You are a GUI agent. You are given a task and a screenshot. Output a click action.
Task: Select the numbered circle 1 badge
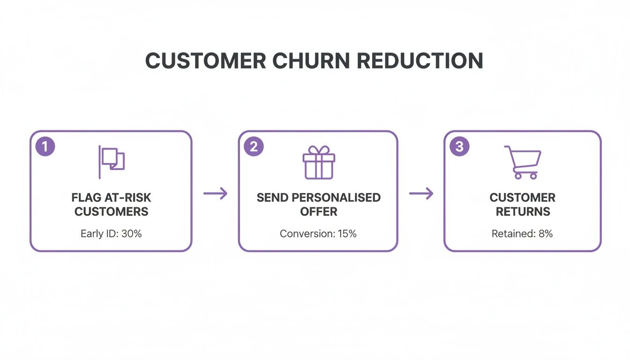click(45, 146)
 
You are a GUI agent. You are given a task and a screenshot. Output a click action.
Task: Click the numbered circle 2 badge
click(254, 146)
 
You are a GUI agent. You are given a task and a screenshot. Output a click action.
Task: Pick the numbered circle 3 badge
click(459, 146)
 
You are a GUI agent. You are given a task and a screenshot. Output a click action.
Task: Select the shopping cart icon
click(523, 162)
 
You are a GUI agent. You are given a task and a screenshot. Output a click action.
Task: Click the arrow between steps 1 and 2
click(215, 193)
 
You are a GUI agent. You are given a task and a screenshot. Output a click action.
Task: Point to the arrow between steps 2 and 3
click(421, 193)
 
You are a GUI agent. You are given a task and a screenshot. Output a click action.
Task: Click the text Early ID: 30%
click(111, 233)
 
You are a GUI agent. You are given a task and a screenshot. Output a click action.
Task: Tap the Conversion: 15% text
click(318, 233)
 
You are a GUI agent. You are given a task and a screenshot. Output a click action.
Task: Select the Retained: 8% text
click(522, 233)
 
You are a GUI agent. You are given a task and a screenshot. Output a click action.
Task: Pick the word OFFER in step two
click(319, 211)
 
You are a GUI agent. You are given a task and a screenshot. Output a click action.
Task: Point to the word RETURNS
click(523, 211)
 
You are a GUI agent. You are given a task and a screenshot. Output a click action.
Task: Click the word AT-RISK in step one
click(132, 197)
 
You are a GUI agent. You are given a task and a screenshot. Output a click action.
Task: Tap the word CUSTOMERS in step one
click(111, 211)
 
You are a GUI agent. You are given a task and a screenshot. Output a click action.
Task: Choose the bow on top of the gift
click(318, 150)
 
